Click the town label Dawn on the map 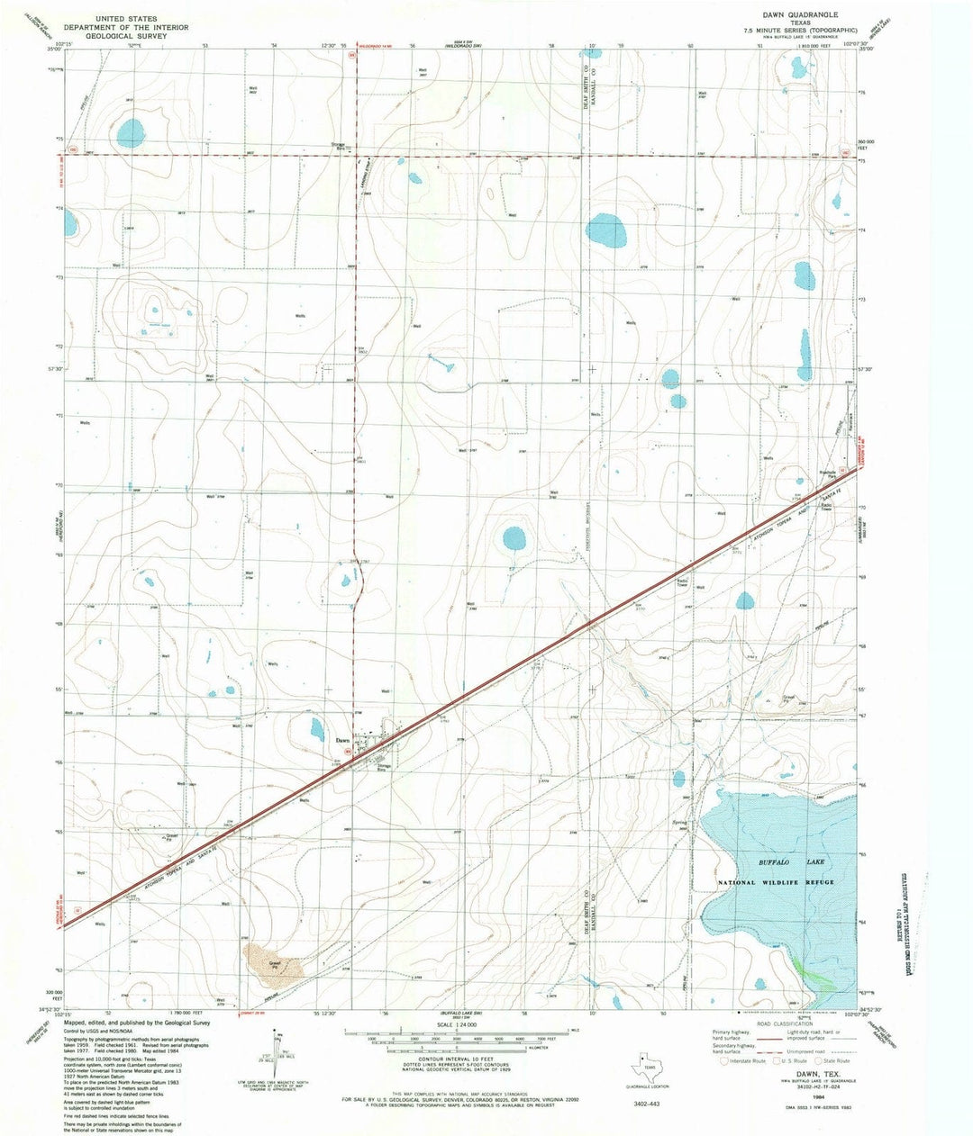click(342, 740)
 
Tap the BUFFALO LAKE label click(780, 862)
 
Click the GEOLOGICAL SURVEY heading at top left click(123, 38)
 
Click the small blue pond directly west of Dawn click(316, 729)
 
